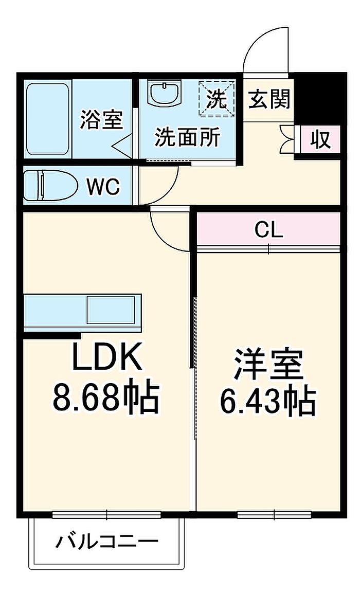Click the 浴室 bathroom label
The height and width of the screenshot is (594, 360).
click(x=101, y=120)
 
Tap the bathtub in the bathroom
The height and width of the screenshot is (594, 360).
click(x=47, y=118)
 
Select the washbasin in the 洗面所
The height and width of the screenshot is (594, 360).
click(x=164, y=94)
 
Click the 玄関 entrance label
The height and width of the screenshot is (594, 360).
click(x=269, y=99)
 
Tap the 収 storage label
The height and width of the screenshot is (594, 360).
click(x=320, y=139)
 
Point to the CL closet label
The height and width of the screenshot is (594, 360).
click(x=269, y=230)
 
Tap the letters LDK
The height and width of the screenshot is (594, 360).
click(x=106, y=357)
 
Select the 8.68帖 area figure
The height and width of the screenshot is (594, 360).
click(x=106, y=398)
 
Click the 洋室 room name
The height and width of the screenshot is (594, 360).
click(x=268, y=364)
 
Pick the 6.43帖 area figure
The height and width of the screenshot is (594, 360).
click(x=268, y=401)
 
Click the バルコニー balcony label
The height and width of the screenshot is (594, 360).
click(x=107, y=542)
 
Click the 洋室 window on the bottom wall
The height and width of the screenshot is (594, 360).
click(x=274, y=513)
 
